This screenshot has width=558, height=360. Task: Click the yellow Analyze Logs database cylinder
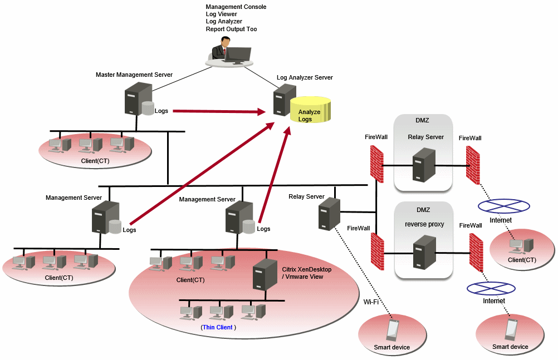(310, 110)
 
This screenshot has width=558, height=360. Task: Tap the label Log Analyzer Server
(305, 77)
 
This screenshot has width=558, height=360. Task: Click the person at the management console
(224, 50)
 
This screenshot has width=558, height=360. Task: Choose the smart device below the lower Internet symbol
(510, 329)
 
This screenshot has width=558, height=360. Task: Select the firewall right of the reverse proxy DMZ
(476, 252)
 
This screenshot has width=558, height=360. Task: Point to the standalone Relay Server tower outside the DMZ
(329, 214)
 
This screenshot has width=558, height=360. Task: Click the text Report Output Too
(231, 29)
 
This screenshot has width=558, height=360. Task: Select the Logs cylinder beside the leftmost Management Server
(115, 226)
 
